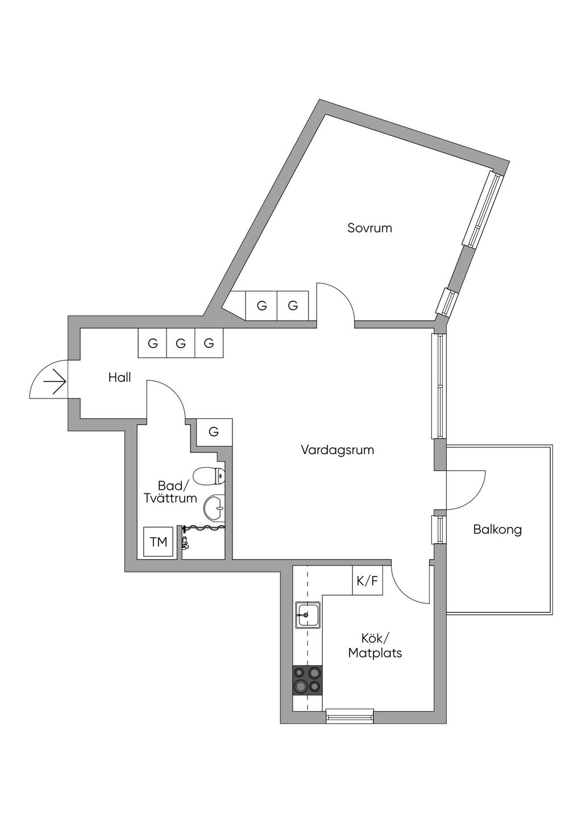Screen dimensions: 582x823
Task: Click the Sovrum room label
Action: pyautogui.click(x=369, y=228)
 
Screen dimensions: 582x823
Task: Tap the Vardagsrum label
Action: pyautogui.click(x=337, y=450)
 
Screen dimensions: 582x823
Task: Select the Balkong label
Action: pyautogui.click(x=497, y=530)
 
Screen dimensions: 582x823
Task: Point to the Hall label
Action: pyautogui.click(x=120, y=377)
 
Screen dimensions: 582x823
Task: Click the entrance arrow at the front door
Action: pyautogui.click(x=55, y=382)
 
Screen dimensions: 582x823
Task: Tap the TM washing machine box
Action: pyautogui.click(x=159, y=542)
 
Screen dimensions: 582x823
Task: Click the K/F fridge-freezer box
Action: pyautogui.click(x=367, y=581)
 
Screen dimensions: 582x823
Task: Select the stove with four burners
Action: pyautogui.click(x=307, y=680)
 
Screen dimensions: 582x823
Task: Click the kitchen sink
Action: pyautogui.click(x=308, y=615)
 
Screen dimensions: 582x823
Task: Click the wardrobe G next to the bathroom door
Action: pyautogui.click(x=214, y=432)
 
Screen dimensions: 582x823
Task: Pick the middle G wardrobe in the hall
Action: pyautogui.click(x=180, y=343)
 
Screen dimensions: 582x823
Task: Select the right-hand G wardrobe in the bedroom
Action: pyautogui.click(x=293, y=305)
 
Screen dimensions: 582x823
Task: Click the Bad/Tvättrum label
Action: pyautogui.click(x=171, y=492)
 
